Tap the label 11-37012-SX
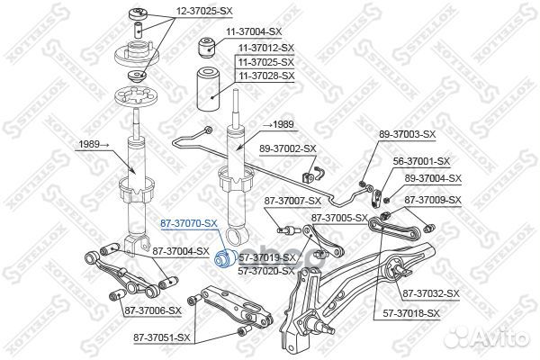(265, 47)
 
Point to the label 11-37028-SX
(265, 76)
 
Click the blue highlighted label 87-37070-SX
(188, 221)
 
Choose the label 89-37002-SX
(289, 148)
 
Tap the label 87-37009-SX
(431, 200)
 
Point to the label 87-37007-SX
(292, 200)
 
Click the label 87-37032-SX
(431, 293)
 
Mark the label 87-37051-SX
(162, 337)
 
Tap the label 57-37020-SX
(265, 270)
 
